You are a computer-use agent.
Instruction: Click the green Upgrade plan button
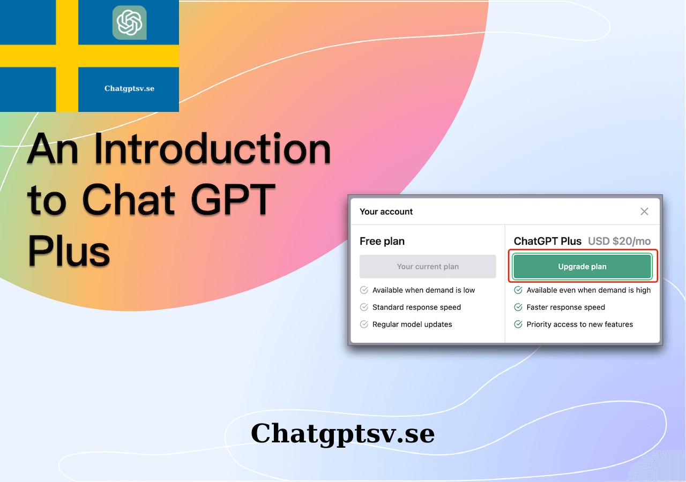pyautogui.click(x=582, y=266)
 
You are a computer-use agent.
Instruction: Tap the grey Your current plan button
pyautogui.click(x=428, y=266)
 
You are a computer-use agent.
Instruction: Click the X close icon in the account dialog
pyautogui.click(x=644, y=212)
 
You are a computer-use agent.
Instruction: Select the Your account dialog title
pyautogui.click(x=386, y=212)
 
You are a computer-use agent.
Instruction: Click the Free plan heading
pyautogui.click(x=382, y=241)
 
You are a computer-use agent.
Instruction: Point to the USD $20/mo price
pyautogui.click(x=619, y=241)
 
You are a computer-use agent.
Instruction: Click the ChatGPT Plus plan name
pyautogui.click(x=548, y=241)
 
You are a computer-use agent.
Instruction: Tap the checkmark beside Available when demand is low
pyautogui.click(x=364, y=290)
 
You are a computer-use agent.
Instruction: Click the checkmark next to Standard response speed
pyautogui.click(x=364, y=307)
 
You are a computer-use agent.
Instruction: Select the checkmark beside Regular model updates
pyautogui.click(x=364, y=324)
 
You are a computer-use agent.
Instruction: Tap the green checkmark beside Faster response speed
pyautogui.click(x=518, y=307)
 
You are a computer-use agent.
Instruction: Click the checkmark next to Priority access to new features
pyautogui.click(x=518, y=324)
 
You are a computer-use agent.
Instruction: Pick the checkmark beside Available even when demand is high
pyautogui.click(x=518, y=290)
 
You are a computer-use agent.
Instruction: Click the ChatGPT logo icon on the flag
pyautogui.click(x=129, y=22)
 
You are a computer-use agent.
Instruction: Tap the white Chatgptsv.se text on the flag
pyautogui.click(x=129, y=88)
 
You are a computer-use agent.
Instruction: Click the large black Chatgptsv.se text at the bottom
pyautogui.click(x=342, y=434)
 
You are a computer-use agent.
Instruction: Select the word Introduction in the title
pyautogui.click(x=212, y=149)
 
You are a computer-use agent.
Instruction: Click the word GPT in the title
pyautogui.click(x=233, y=199)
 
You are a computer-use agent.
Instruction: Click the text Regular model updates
pyautogui.click(x=412, y=324)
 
